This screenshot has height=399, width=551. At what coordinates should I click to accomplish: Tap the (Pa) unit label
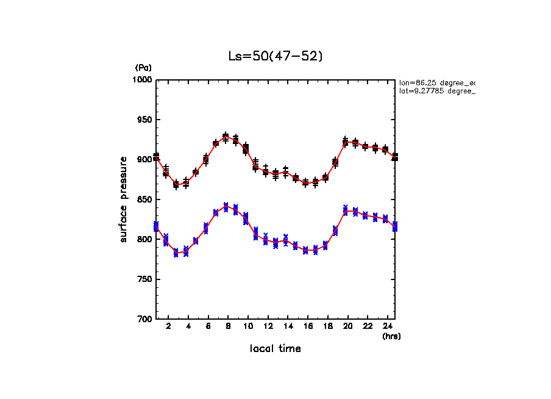[x=143, y=68]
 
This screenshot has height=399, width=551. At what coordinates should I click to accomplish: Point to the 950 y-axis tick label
[x=144, y=120]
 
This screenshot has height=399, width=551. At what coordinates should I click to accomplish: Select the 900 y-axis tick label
[x=144, y=160]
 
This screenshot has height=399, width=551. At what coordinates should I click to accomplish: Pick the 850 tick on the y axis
[x=144, y=199]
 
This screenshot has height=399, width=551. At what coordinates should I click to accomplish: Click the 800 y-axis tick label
[x=144, y=239]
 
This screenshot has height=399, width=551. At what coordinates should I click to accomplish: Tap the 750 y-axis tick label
[x=144, y=279]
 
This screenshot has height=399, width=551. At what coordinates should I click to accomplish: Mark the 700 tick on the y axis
[x=144, y=319]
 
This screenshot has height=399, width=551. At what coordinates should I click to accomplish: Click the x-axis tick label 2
[x=168, y=327]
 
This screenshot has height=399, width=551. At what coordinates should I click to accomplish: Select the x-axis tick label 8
[x=228, y=327]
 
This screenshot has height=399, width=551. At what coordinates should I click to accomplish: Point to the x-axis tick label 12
[x=268, y=327]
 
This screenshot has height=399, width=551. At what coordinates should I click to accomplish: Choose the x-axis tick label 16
[x=307, y=327]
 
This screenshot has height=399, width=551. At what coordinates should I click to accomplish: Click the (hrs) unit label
[x=391, y=336]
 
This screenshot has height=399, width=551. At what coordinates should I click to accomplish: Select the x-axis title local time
[x=275, y=349]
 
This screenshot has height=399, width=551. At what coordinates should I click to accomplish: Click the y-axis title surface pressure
[x=124, y=199]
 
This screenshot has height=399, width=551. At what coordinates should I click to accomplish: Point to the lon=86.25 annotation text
[x=436, y=82]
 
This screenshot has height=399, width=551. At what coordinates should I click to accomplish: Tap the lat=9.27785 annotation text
[x=436, y=91]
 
